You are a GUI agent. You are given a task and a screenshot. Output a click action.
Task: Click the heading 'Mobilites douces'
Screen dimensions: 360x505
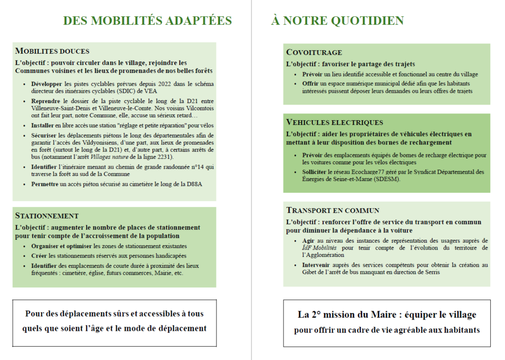(x=52, y=51)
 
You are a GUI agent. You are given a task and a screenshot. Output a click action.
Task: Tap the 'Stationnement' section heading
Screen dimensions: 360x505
(x=47, y=216)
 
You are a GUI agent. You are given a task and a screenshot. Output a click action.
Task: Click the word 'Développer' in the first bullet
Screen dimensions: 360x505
(x=46, y=84)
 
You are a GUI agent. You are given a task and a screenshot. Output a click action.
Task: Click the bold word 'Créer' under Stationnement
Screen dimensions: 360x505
(x=39, y=256)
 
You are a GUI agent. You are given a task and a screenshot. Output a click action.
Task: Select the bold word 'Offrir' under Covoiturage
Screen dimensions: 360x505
(x=311, y=83)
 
